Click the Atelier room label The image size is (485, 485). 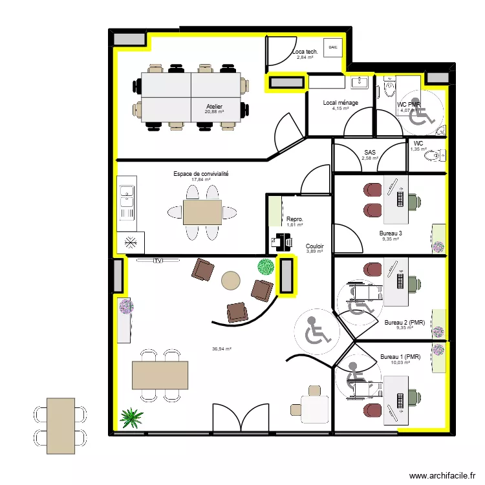coord(214,107)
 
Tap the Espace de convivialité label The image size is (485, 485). coord(200,174)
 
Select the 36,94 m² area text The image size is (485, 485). coord(221,349)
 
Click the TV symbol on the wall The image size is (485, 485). coord(157,261)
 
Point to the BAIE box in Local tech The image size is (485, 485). coord(333,47)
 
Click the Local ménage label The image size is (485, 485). coord(340,103)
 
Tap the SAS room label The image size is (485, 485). coord(369,153)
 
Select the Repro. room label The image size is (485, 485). coord(295,220)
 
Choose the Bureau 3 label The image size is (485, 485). coord(391,233)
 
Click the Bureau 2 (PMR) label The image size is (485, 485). coord(404,323)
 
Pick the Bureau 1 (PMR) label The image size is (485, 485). coord(400,357)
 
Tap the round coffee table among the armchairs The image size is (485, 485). coord(230,280)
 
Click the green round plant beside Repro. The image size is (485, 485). coord(266,266)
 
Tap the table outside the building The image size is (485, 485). coord(61,424)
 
